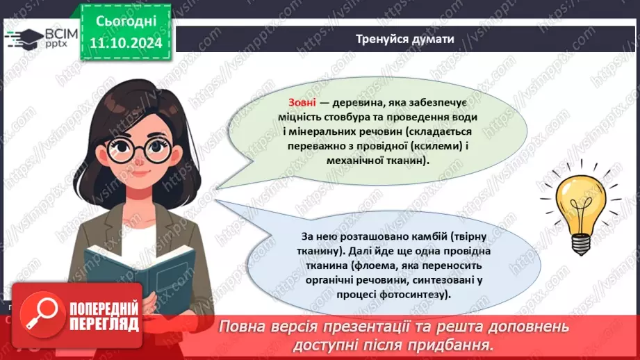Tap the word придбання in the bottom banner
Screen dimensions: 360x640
459,345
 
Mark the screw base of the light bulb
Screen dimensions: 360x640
580,243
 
